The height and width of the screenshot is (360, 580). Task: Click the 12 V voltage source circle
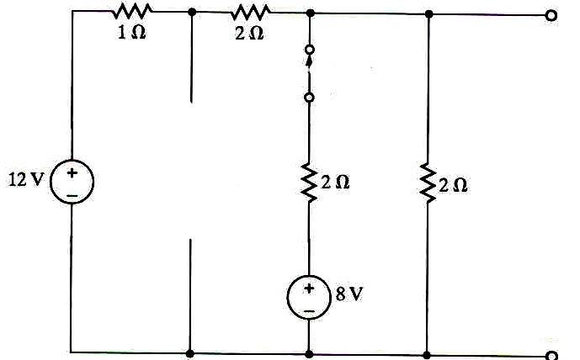click(x=72, y=183)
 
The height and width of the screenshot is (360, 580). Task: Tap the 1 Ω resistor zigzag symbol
click(x=132, y=11)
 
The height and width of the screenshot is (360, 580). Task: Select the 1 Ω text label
click(x=131, y=37)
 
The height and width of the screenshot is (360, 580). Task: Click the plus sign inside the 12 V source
click(x=72, y=172)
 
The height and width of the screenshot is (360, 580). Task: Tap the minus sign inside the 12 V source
click(x=72, y=194)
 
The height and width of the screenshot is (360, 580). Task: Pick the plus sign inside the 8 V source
click(x=309, y=289)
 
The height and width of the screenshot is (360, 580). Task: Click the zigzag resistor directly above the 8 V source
click(x=309, y=183)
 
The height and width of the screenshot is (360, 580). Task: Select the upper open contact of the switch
click(x=309, y=50)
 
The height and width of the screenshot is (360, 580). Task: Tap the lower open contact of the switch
click(x=309, y=98)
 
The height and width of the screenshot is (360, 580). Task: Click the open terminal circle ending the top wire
click(x=551, y=14)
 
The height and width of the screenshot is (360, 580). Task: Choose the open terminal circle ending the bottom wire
click(x=551, y=355)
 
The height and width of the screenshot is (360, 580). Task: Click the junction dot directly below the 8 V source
click(x=309, y=353)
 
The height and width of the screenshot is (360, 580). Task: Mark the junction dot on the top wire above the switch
click(x=309, y=13)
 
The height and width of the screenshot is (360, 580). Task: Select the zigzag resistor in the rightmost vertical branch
click(x=428, y=183)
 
